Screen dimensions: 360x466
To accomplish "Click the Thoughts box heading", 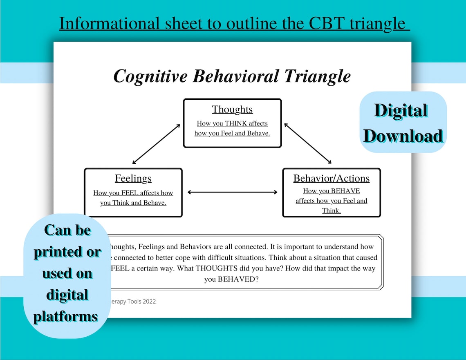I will (x=232, y=110).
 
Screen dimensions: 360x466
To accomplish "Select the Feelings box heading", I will (x=133, y=179).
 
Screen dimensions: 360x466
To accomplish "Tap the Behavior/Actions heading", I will (x=331, y=179).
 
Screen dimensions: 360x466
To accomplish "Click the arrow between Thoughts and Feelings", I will (x=156, y=144).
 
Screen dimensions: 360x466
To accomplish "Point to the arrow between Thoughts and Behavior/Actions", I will (x=308, y=143).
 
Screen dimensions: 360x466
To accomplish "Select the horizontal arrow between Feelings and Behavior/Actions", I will (x=232, y=192).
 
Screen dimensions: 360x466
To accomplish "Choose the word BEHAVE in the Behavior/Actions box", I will (x=345, y=191).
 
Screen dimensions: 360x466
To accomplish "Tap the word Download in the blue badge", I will (x=403, y=136).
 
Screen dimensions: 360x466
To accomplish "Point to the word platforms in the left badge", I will (x=65, y=316).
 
